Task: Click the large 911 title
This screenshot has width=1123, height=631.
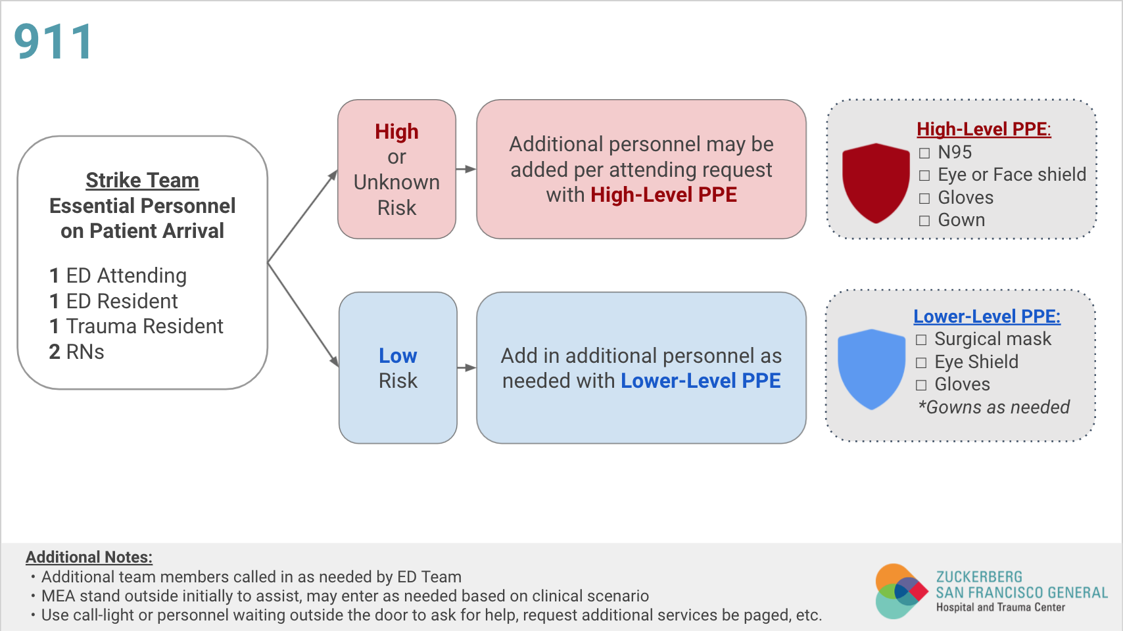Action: click(x=53, y=41)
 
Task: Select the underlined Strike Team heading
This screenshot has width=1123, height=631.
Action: click(x=143, y=181)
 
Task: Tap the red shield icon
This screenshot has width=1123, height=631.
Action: click(x=876, y=183)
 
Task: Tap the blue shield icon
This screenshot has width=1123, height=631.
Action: click(x=871, y=369)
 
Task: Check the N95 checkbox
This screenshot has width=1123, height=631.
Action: click(x=924, y=153)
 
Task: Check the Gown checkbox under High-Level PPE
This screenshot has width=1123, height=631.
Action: click(x=924, y=221)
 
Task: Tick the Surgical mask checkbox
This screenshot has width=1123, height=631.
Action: click(x=921, y=340)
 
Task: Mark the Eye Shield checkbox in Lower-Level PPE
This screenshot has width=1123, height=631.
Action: click(x=921, y=362)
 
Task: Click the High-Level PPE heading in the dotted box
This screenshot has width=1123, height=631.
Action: click(x=984, y=129)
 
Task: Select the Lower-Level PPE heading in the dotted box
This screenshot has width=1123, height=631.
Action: click(x=987, y=316)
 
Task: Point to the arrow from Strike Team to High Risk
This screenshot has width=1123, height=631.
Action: click(x=303, y=216)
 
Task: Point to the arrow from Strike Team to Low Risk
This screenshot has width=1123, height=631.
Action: click(x=303, y=315)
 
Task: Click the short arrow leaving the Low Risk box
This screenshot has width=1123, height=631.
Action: click(x=467, y=368)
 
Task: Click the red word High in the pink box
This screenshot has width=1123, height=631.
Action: click(x=396, y=132)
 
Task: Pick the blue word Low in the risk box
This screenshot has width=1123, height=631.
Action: click(x=398, y=356)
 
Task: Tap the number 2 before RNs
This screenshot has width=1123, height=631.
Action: click(x=55, y=352)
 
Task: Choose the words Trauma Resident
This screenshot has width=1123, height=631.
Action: click(x=145, y=326)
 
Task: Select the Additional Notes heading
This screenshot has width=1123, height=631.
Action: click(x=89, y=557)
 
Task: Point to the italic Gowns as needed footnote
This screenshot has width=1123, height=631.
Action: click(x=993, y=408)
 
